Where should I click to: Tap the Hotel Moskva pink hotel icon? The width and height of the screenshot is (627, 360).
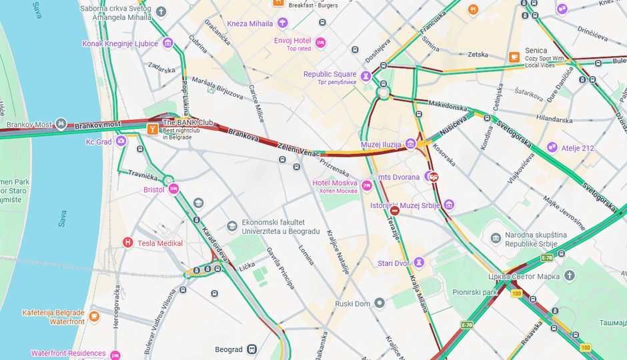click(x=367, y=185)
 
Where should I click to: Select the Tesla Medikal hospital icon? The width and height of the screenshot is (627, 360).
click(x=128, y=243)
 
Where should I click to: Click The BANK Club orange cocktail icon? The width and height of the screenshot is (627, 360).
click(x=153, y=128)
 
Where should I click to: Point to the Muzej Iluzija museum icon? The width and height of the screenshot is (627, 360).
click(x=410, y=143)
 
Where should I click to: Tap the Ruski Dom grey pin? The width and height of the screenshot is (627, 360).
click(x=380, y=303)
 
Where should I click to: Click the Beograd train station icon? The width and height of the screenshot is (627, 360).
click(x=251, y=349)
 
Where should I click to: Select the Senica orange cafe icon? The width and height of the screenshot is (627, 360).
click(x=514, y=57)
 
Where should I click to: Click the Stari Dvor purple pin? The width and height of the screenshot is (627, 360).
click(x=419, y=263)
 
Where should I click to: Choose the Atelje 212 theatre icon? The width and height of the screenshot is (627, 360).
click(x=552, y=147)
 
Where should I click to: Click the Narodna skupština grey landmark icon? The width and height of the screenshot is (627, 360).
click(x=496, y=239)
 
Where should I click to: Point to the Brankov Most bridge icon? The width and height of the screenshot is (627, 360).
click(x=61, y=123)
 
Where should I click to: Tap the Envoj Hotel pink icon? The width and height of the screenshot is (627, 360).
click(x=321, y=43)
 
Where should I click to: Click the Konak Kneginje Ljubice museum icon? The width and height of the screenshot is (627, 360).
click(x=167, y=43)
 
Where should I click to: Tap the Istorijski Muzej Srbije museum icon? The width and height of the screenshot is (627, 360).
click(x=449, y=205)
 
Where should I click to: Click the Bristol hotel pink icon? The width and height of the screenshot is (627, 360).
click(x=174, y=189)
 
